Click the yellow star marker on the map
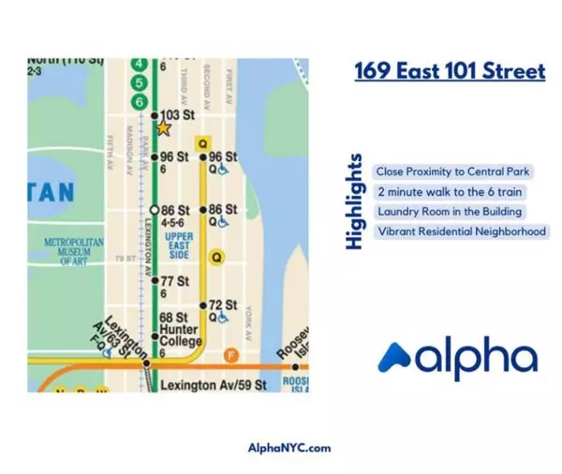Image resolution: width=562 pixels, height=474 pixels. (163, 126)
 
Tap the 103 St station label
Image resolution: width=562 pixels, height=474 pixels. (178, 115)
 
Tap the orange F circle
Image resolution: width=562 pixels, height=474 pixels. (235, 353)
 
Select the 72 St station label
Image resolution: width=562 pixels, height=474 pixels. (222, 304)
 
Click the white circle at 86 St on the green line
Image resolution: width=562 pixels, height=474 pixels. (155, 209)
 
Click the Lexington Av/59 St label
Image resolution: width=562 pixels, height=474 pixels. (214, 385)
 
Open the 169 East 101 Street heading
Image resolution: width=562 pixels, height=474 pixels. (450, 71)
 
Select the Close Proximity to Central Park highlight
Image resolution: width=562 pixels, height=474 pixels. (452, 172)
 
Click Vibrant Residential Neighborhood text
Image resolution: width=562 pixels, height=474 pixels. (461, 231)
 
